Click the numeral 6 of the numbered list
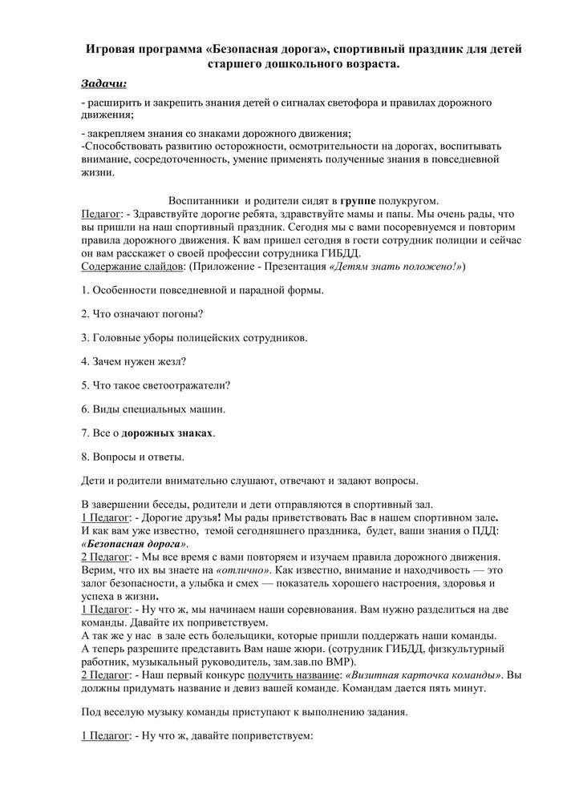click(x=85, y=409)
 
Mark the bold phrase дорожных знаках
click(x=167, y=433)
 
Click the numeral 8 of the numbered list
click(x=85, y=457)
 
